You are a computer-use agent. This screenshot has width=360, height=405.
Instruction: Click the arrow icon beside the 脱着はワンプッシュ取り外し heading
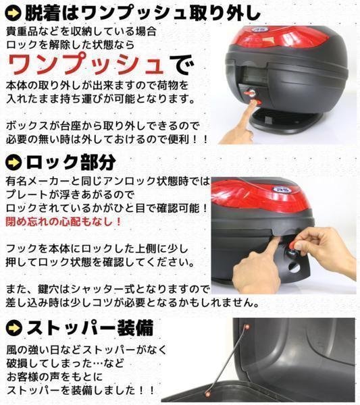tap(13, 13)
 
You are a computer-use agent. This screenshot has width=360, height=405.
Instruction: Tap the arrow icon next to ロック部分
tap(14, 163)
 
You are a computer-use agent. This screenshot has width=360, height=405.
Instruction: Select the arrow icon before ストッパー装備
tap(14, 328)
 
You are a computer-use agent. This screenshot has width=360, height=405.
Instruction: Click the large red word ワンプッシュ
tap(86, 63)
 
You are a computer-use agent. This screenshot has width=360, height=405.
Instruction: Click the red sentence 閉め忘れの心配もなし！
tap(63, 221)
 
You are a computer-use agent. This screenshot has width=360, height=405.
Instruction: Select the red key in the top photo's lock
tap(249, 92)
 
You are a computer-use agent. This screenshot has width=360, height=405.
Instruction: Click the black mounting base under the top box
tap(282, 122)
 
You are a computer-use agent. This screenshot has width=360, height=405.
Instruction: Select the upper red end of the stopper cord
tap(247, 327)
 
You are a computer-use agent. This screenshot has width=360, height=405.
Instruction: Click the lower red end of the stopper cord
tap(207, 394)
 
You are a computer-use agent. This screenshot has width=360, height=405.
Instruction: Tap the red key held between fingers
tap(294, 244)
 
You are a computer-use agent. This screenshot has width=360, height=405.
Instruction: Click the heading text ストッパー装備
tap(91, 328)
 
